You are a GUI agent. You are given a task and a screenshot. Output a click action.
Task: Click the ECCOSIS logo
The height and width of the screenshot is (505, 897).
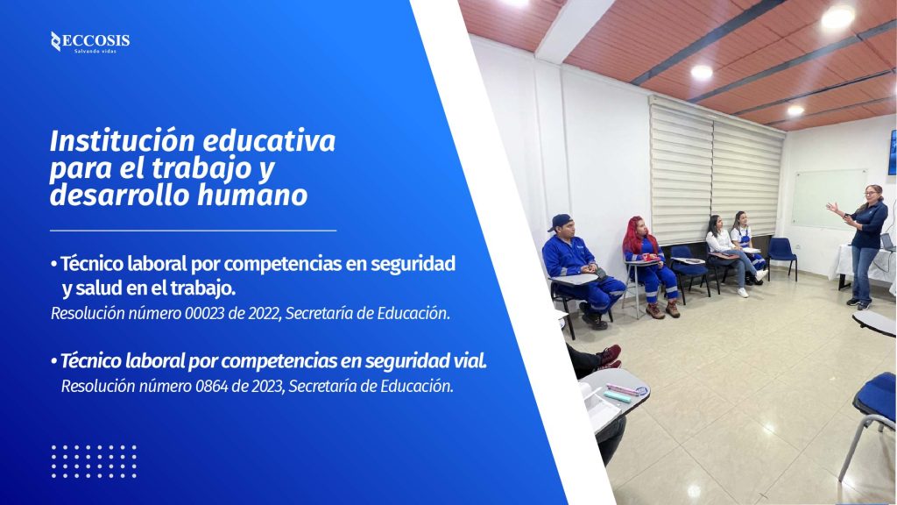coord(90,42)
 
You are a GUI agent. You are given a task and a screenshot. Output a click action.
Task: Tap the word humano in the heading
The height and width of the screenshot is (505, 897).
coord(252,196)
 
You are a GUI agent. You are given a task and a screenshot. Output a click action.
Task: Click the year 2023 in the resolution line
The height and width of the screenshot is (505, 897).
coord(266,387)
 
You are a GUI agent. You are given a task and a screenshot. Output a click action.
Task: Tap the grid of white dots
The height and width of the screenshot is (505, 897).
coord(94,461)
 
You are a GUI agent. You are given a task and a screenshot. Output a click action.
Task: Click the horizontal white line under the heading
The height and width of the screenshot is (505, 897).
coord(193,231)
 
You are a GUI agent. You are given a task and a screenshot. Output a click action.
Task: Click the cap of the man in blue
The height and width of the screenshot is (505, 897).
coord(560,222)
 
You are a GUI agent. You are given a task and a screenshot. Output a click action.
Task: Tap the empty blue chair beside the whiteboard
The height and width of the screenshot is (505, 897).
coord(781,257)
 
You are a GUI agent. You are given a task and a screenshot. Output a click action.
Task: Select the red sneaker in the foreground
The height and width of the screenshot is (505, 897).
coord(608,355)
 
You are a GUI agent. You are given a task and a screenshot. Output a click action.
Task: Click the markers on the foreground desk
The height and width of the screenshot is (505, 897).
coord(624,392)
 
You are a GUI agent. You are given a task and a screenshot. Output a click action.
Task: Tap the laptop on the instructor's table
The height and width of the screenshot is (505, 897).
coord(888,242)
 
